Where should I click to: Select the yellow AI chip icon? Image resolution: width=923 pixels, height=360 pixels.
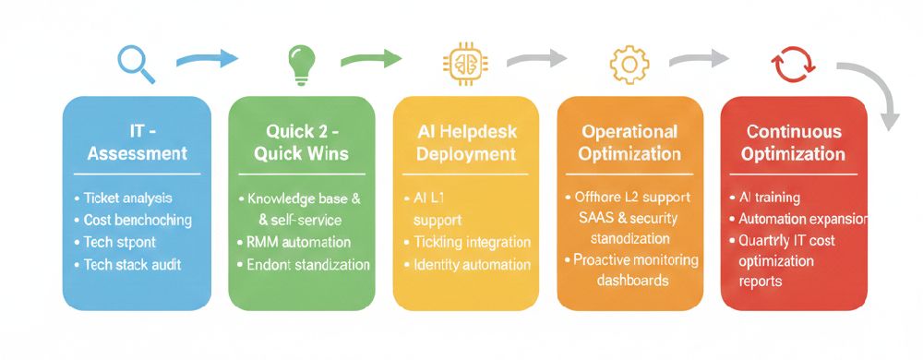(464, 63)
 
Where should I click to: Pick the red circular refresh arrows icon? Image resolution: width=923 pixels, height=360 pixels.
(793, 65)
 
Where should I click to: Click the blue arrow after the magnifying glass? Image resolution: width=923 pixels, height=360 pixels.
(207, 60)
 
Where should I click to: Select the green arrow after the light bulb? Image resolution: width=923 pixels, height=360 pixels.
(370, 60)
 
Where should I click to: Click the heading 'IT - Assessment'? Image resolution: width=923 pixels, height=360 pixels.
(137, 142)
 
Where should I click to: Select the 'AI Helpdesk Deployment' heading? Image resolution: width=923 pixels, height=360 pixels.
(465, 142)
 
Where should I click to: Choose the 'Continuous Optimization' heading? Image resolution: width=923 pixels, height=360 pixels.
(794, 142)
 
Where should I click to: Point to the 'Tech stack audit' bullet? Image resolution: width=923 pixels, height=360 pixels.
(132, 265)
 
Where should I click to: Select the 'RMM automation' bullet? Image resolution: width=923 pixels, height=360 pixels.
(298, 242)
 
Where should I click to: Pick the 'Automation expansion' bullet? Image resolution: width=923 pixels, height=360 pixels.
(801, 220)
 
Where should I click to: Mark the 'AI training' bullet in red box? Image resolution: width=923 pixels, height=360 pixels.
(769, 198)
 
